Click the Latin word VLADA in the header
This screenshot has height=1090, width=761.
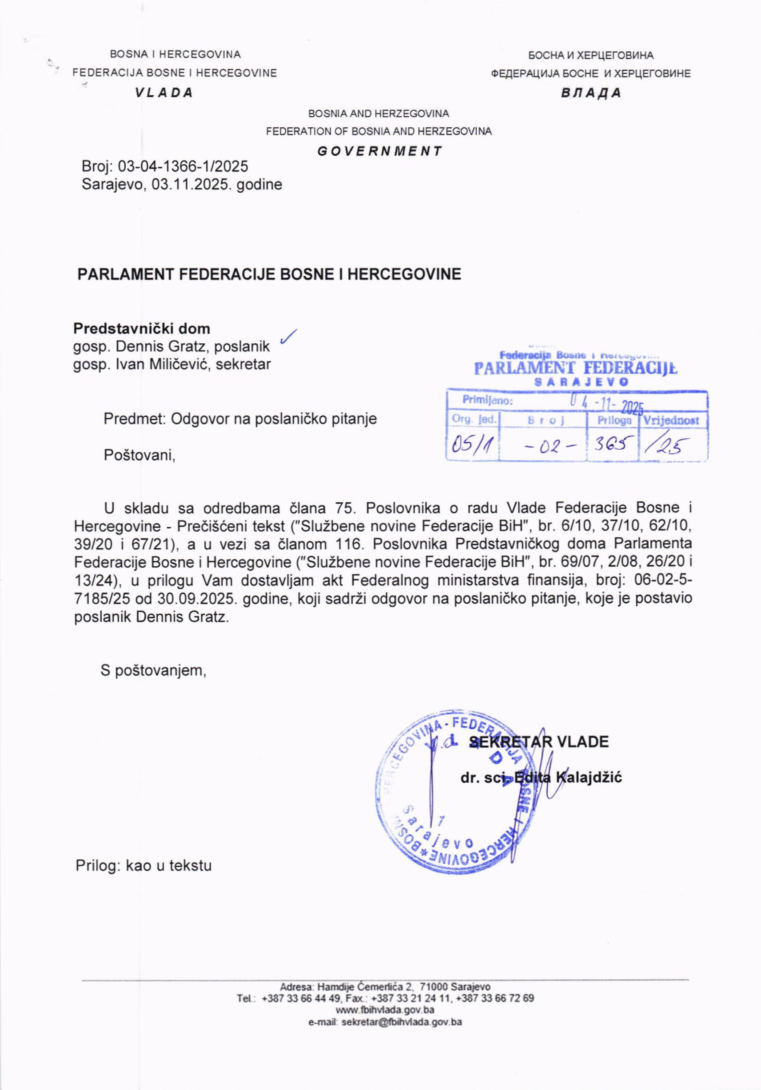[x=164, y=93]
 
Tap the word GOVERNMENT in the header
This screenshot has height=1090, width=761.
[x=379, y=151]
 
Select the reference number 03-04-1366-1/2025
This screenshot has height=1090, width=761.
[x=183, y=166]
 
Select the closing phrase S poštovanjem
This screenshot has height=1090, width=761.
[x=153, y=670]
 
